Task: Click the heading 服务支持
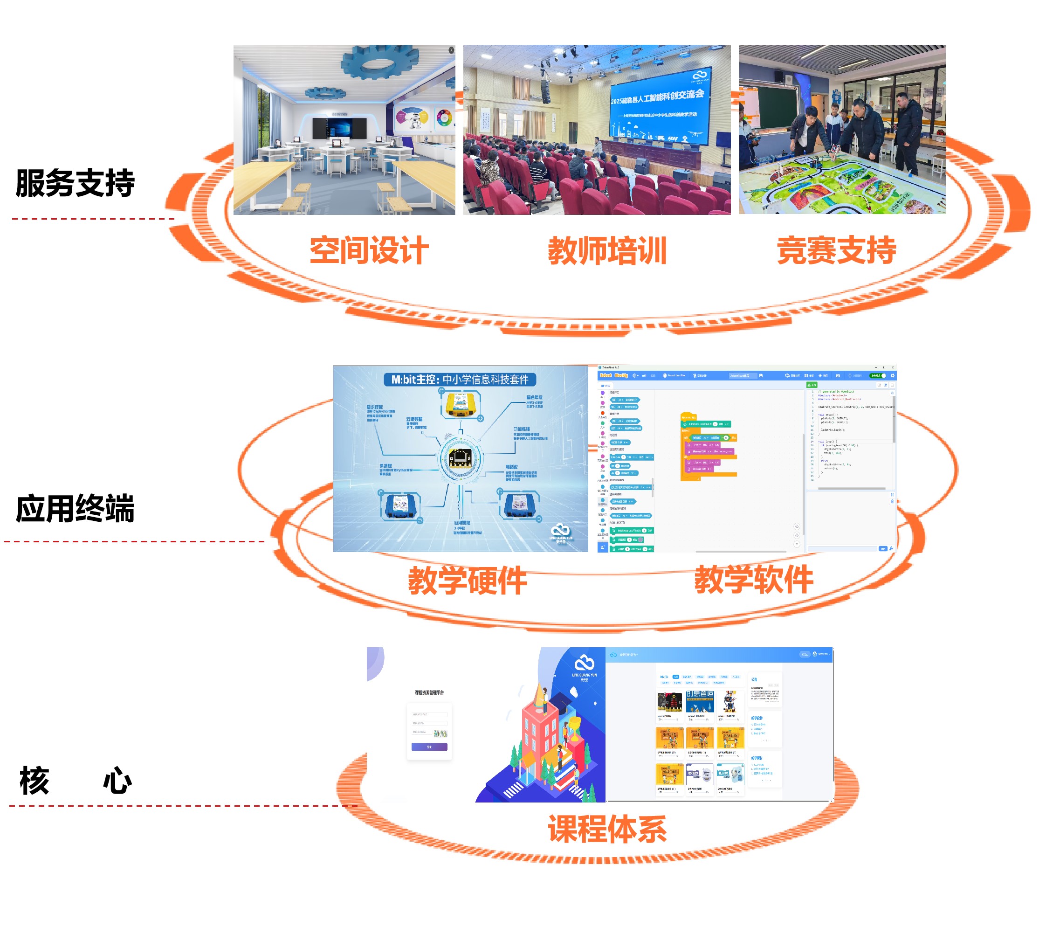coord(75,183)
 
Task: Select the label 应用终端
coord(75,509)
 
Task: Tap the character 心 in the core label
coord(117,781)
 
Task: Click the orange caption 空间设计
coord(369,250)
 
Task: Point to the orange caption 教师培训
coord(607,251)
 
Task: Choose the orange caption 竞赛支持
coord(836,250)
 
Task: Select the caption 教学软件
coord(754,580)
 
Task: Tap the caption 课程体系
coord(607,829)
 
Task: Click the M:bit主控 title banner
coord(460,380)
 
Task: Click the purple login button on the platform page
coord(429,747)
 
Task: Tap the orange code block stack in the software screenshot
coord(708,446)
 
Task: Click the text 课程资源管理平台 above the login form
coord(429,693)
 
